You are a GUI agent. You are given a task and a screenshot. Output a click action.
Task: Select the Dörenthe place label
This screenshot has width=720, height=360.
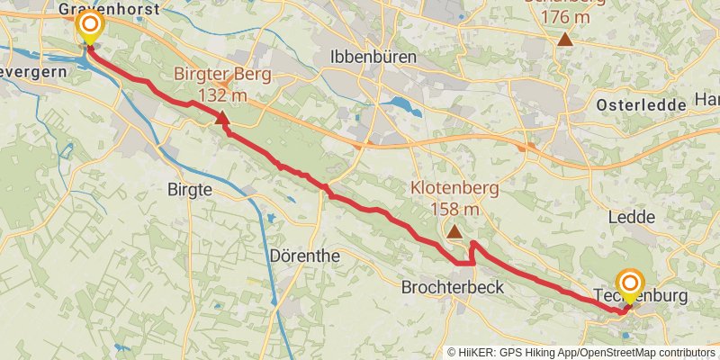click(x=305, y=256)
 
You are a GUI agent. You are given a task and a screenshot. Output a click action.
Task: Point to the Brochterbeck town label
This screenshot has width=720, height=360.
click(x=451, y=288)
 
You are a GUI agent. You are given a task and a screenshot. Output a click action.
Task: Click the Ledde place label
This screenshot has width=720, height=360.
click(x=634, y=217)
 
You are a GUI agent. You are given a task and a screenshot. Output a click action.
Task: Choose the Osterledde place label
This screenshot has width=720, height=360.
click(x=641, y=105)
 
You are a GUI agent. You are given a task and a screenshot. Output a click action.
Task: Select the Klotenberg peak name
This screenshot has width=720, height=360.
click(x=454, y=189)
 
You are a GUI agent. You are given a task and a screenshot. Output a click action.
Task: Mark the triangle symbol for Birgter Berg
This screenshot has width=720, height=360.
click(x=222, y=117)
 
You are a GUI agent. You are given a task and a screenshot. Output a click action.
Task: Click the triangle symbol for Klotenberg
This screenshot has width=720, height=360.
click(x=454, y=232)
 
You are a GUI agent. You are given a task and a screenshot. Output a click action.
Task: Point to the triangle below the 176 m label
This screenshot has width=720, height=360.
click(x=564, y=39)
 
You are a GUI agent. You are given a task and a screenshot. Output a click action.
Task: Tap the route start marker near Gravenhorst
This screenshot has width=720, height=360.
click(x=89, y=24)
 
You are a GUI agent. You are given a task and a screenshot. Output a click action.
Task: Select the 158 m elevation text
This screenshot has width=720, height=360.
click(x=454, y=210)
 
